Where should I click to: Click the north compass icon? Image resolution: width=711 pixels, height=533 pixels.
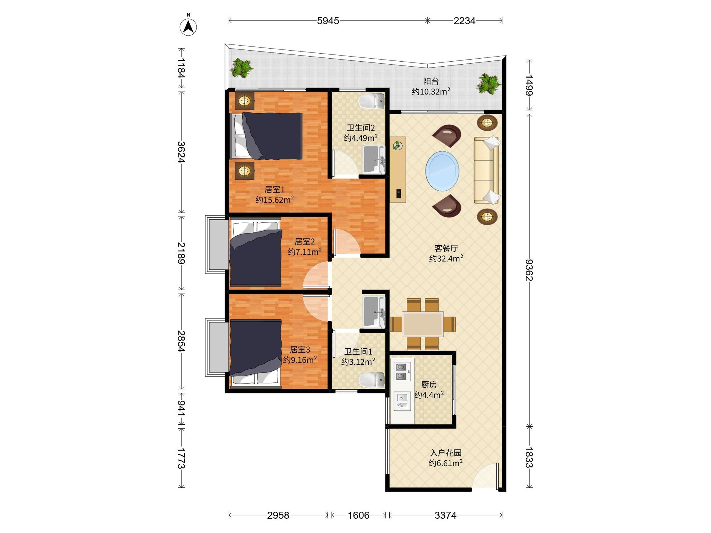(188, 26)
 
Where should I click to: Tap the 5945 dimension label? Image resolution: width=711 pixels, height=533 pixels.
(328, 21)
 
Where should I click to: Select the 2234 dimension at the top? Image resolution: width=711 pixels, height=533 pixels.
(464, 21)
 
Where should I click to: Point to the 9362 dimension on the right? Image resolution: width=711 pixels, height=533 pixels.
(529, 270)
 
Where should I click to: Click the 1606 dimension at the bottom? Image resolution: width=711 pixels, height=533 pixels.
(358, 515)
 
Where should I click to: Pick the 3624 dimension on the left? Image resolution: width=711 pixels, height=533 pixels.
(181, 152)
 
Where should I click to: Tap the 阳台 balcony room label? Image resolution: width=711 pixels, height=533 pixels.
(431, 81)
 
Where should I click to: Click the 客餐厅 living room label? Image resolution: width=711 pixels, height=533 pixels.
(446, 248)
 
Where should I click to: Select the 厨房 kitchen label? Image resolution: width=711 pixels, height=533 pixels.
(429, 385)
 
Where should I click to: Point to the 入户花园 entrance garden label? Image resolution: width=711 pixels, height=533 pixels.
(446, 453)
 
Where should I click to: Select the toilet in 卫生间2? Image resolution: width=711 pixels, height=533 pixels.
(371, 101)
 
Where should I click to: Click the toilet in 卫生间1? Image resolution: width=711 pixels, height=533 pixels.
(371, 381)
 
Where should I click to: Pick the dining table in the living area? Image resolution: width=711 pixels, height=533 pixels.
(423, 324)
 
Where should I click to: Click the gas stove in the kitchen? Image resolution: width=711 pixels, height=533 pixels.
(403, 371)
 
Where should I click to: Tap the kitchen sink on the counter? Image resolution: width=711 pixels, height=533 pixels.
(402, 401)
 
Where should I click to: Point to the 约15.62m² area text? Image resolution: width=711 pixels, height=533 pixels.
(275, 200)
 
